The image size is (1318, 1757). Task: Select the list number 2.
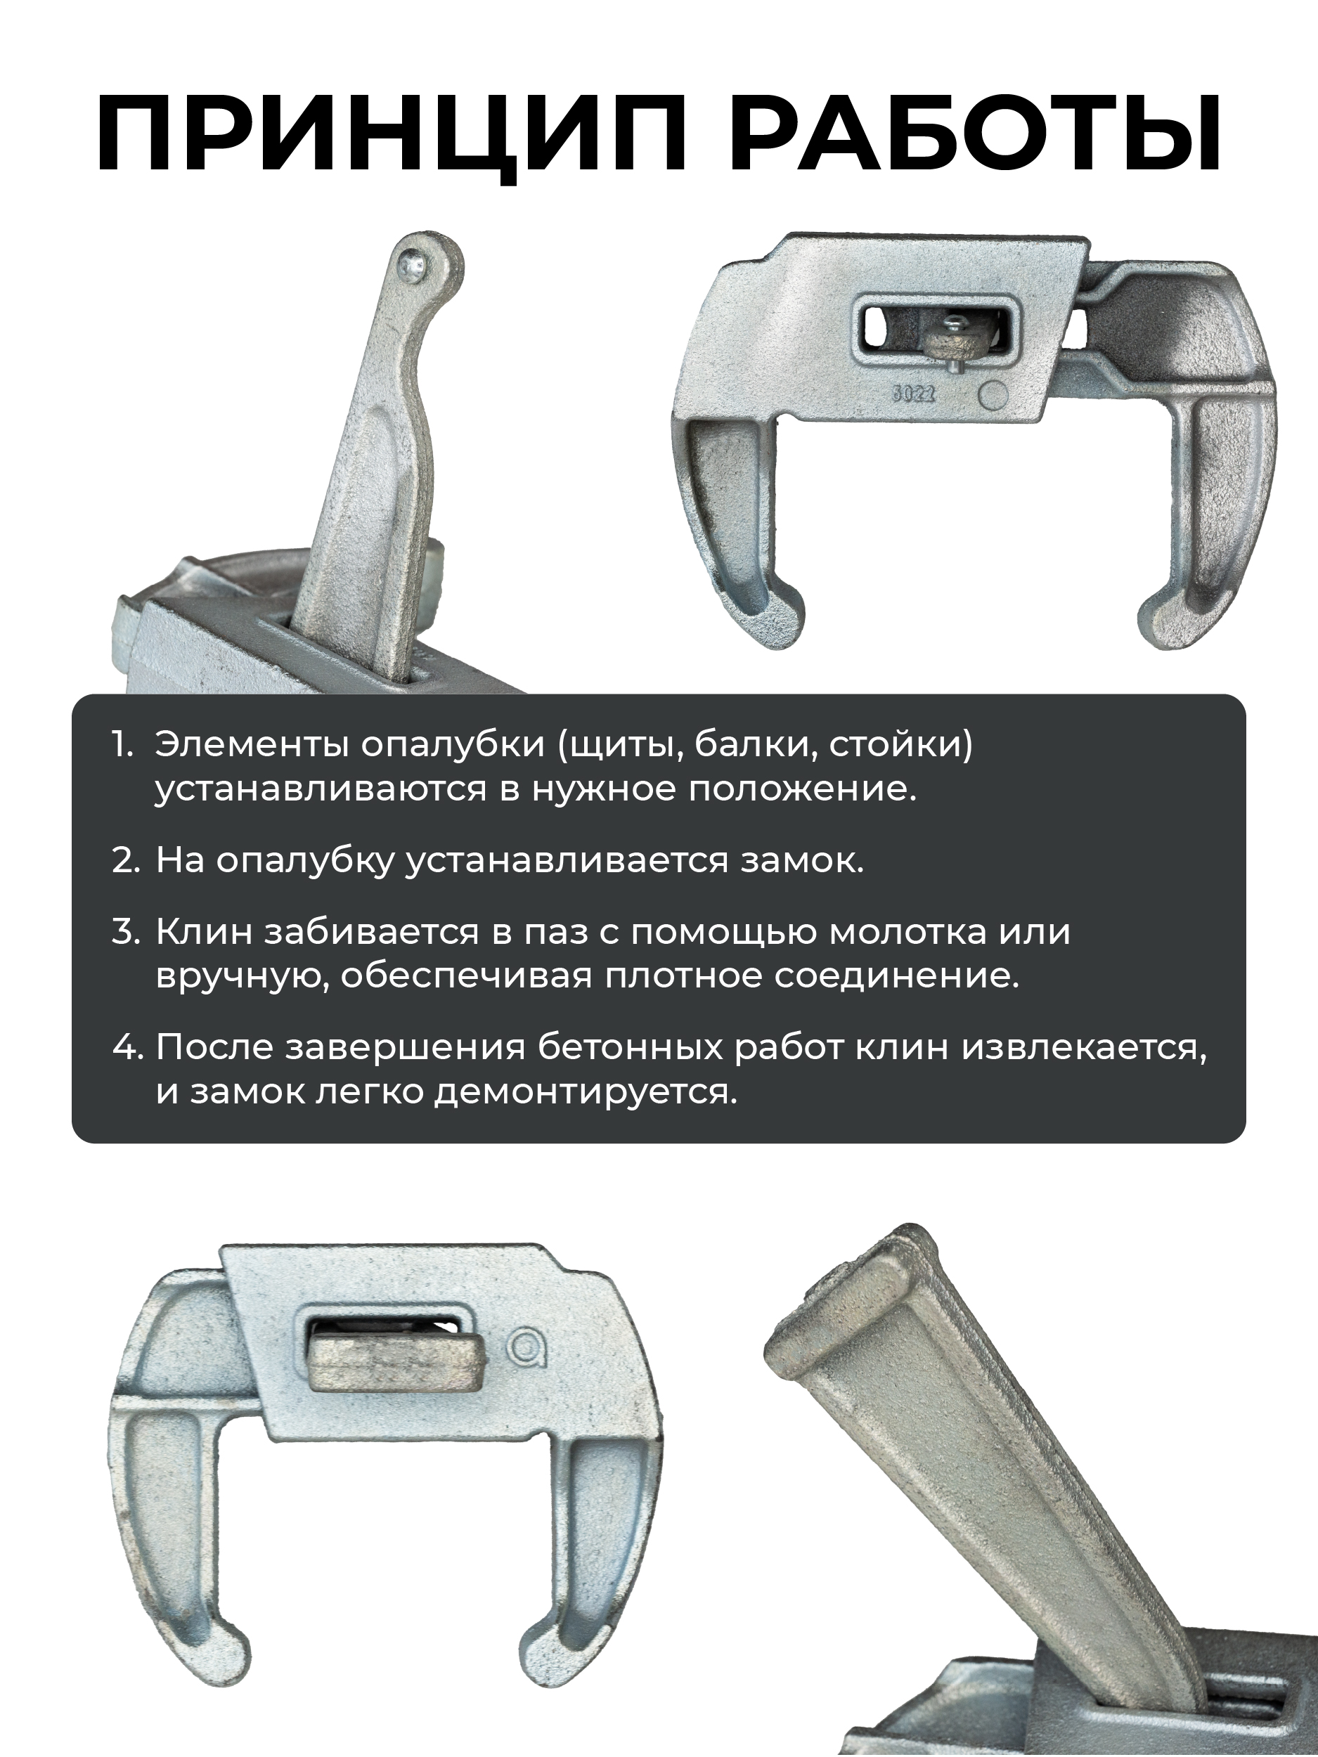click(126, 861)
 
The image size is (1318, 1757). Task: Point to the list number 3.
click(126, 932)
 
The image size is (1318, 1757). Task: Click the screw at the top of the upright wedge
click(414, 261)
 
